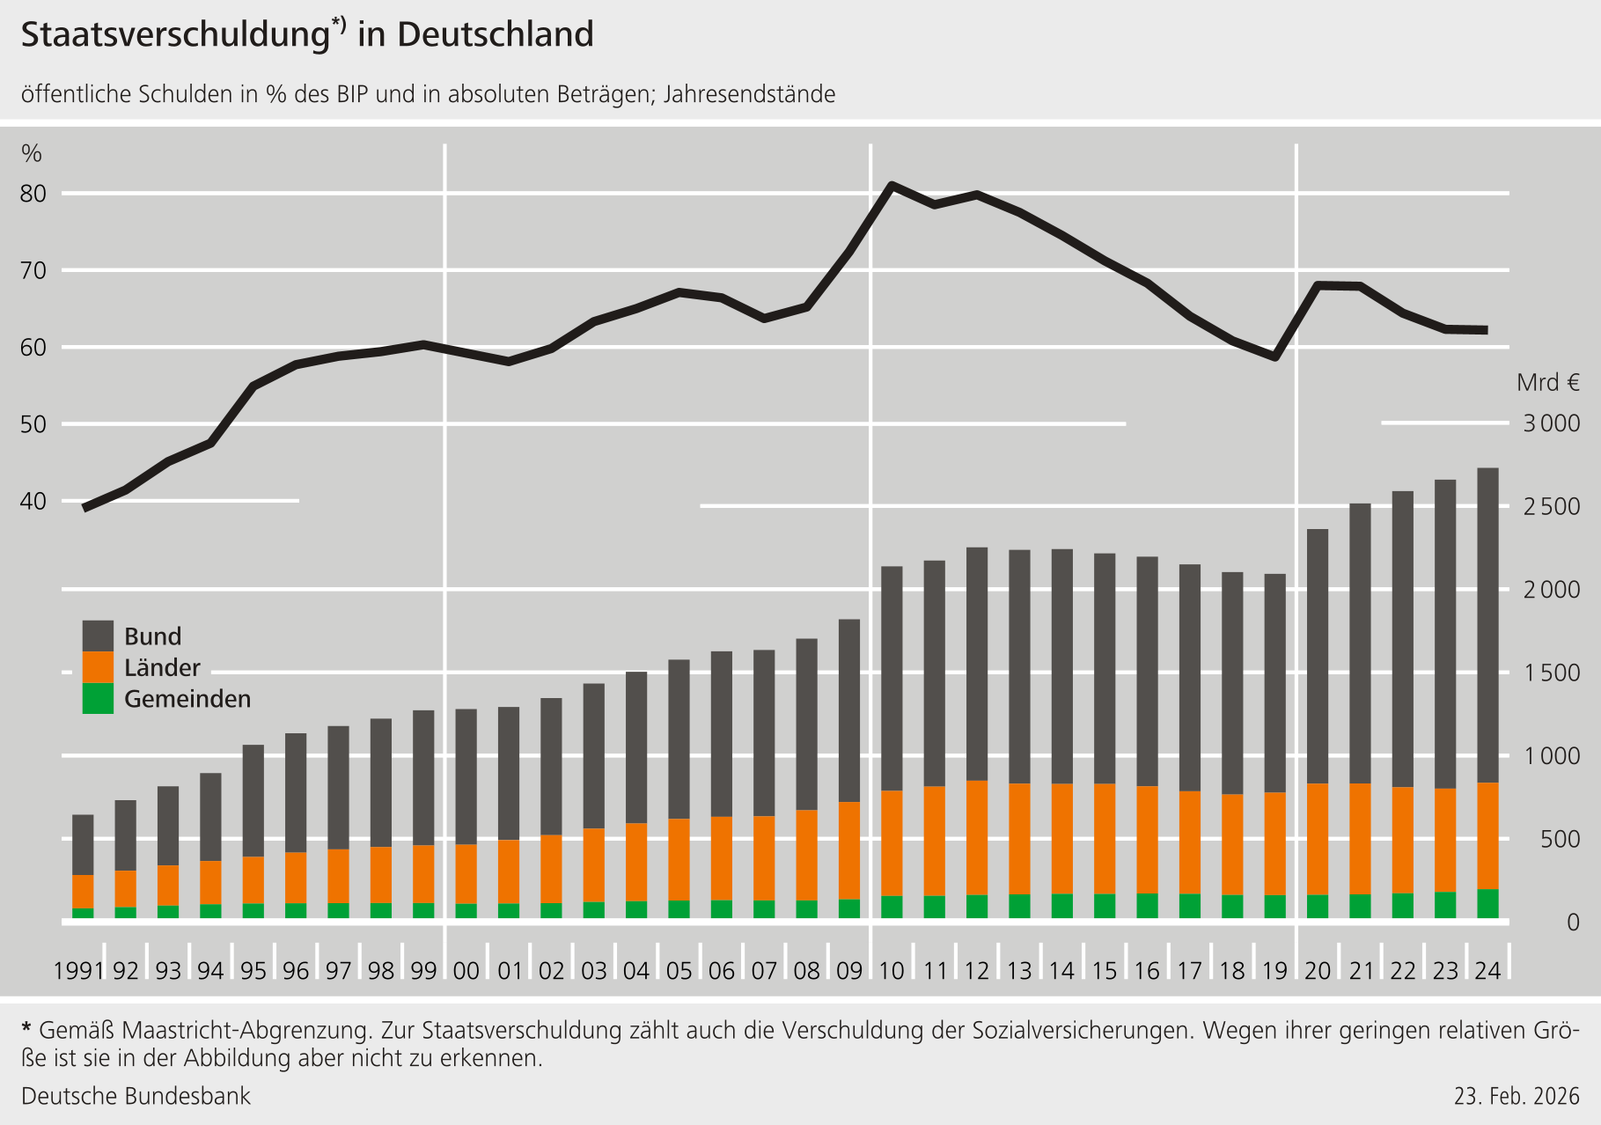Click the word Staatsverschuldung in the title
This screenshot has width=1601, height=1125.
[x=175, y=35]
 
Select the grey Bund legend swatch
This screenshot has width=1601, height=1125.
[x=98, y=636]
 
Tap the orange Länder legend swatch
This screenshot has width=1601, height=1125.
[x=98, y=667]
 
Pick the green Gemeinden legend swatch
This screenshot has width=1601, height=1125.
[x=98, y=698]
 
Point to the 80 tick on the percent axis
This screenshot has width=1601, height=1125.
[x=33, y=194]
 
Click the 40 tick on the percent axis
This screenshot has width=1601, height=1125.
[x=33, y=502]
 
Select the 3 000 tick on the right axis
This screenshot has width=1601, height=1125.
[x=1552, y=423]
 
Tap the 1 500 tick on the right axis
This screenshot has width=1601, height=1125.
[x=1552, y=673]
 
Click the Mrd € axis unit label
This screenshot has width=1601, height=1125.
[x=1548, y=383]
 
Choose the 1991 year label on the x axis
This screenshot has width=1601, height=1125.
[x=78, y=971]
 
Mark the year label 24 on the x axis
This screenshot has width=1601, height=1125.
[x=1487, y=971]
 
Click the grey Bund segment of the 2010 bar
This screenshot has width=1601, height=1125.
[x=892, y=678]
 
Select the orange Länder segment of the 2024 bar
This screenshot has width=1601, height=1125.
[x=1487, y=836]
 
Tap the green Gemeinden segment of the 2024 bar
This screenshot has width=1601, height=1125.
[x=1487, y=904]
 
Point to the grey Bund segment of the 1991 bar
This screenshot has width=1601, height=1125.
[x=83, y=845]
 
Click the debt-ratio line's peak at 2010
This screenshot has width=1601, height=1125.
[x=892, y=185]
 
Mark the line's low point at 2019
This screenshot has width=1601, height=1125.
[x=1274, y=357]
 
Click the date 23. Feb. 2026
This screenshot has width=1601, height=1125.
[x=1517, y=1096]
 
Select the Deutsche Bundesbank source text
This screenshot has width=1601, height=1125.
[x=136, y=1096]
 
